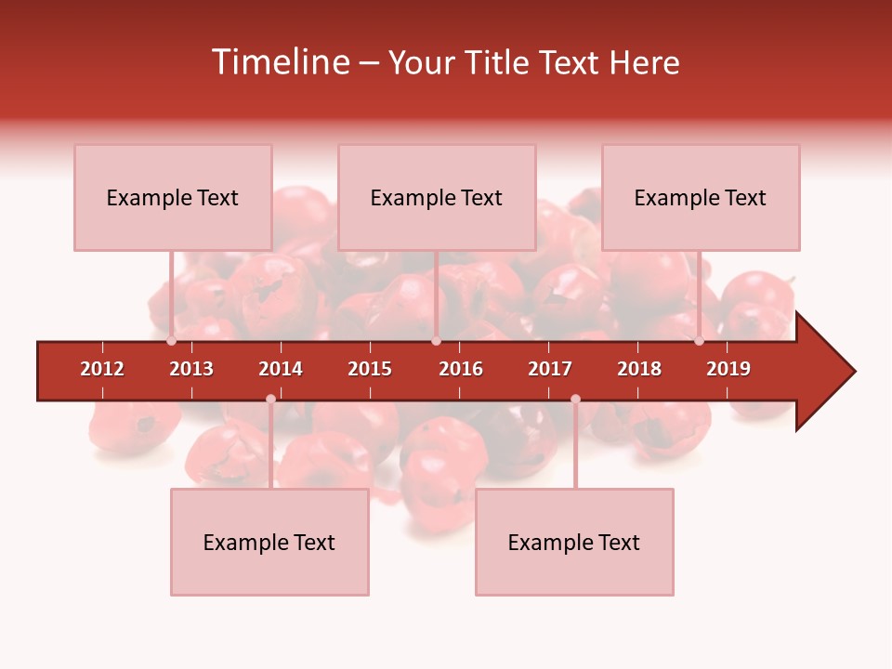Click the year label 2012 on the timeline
click(102, 369)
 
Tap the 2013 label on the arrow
click(191, 369)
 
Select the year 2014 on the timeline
click(281, 369)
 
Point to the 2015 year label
click(370, 369)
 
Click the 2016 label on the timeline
click(461, 369)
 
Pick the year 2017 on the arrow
click(550, 369)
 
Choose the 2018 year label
click(639, 369)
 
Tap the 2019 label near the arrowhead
click(728, 369)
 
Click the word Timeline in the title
click(280, 62)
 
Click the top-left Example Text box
click(173, 197)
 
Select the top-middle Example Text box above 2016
click(437, 197)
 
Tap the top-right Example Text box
click(701, 197)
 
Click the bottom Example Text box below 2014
click(269, 542)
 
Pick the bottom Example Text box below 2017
click(574, 542)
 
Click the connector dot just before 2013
click(171, 341)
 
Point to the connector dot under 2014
click(270, 399)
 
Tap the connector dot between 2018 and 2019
click(699, 341)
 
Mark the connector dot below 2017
click(575, 399)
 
